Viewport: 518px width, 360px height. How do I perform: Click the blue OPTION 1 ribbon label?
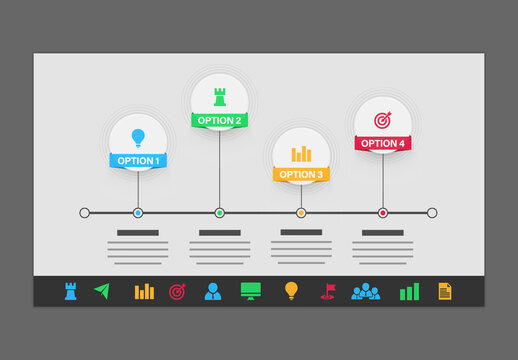pyautogui.click(x=137, y=160)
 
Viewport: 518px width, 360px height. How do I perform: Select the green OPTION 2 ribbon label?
pyautogui.click(x=219, y=120)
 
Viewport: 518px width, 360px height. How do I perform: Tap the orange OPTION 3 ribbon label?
pyautogui.click(x=301, y=174)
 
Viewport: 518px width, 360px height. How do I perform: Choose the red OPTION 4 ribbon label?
pyautogui.click(x=382, y=143)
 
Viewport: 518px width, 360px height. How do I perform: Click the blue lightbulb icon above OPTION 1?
pyautogui.click(x=138, y=137)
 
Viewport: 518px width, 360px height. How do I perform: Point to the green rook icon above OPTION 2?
pyautogui.click(x=220, y=97)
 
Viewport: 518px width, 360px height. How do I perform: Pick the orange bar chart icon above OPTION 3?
pyautogui.click(x=301, y=154)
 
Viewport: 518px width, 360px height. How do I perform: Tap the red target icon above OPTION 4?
pyautogui.click(x=382, y=120)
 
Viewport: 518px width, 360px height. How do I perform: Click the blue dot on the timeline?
pyautogui.click(x=138, y=213)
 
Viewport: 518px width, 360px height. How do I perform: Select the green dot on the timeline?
pyautogui.click(x=219, y=213)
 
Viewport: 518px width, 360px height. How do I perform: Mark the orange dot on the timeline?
pyautogui.click(x=301, y=213)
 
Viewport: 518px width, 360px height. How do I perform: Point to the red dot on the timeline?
pyautogui.click(x=382, y=213)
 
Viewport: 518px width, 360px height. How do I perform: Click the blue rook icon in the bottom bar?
pyautogui.click(x=71, y=291)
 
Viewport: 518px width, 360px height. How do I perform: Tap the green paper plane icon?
pyautogui.click(x=101, y=291)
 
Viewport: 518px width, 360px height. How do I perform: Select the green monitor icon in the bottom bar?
pyautogui.click(x=250, y=291)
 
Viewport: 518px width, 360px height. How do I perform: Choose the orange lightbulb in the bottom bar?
pyautogui.click(x=291, y=291)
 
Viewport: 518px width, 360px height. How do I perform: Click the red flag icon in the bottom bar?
pyautogui.click(x=328, y=291)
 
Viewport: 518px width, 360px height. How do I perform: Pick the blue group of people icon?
pyautogui.click(x=366, y=291)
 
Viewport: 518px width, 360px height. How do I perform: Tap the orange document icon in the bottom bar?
pyautogui.click(x=445, y=291)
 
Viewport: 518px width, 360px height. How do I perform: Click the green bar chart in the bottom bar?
pyautogui.click(x=409, y=291)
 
